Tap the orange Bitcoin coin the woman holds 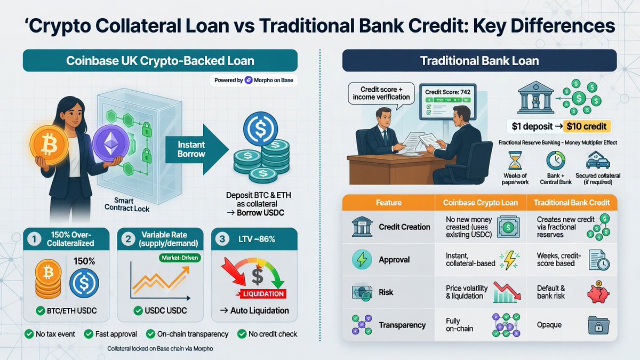click(49, 145)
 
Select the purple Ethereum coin click(111, 143)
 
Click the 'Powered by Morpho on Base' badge click(254, 81)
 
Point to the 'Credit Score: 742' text click(447, 92)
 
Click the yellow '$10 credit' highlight click(587, 126)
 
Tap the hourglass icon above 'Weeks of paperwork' click(515, 161)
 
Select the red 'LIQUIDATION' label click(263, 294)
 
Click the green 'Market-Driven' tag click(180, 258)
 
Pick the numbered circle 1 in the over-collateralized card click(34, 239)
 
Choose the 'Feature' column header click(389, 203)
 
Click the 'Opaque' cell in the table click(549, 325)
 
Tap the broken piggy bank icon click(598, 292)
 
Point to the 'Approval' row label click(394, 260)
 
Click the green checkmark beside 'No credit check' click(242, 334)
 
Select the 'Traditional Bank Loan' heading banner click(479, 61)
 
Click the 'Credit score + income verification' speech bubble click(381, 94)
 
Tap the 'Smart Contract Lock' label click(126, 205)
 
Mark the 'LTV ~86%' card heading click(257, 239)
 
